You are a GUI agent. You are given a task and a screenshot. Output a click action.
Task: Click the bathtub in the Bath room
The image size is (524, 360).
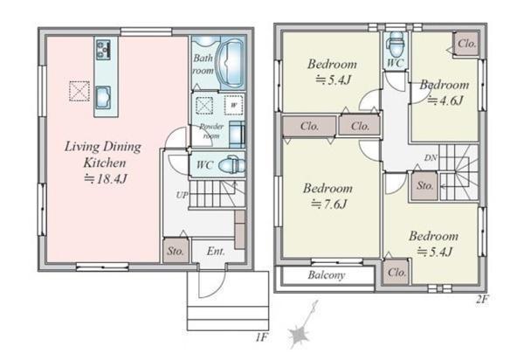[x=231, y=64]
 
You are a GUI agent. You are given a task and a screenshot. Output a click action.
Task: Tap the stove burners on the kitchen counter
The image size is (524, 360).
[x=103, y=50]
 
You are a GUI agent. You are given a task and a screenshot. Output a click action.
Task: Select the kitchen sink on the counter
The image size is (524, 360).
[x=103, y=98]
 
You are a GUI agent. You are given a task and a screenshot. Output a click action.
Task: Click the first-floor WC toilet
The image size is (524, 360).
[x=231, y=165]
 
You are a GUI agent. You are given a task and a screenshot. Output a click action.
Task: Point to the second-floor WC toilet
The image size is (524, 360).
[x=396, y=45]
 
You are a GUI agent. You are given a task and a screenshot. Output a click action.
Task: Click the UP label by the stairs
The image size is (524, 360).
[x=182, y=195]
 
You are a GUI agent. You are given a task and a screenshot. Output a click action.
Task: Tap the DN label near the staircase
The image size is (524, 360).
[x=431, y=158]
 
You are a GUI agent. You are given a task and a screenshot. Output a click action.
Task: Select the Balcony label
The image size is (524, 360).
[x=327, y=275]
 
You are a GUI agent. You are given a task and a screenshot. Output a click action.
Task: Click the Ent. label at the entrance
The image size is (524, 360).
[x=216, y=251]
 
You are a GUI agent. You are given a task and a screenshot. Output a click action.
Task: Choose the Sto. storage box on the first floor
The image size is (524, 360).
[x=176, y=251]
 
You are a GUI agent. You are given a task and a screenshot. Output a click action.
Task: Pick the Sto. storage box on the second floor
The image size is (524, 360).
[x=424, y=186]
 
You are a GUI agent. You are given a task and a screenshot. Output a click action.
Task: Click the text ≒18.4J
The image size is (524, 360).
[x=106, y=179]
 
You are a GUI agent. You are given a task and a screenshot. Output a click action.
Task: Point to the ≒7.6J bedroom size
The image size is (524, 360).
[x=328, y=204]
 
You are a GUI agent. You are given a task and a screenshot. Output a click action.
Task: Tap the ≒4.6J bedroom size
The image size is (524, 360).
[x=445, y=100]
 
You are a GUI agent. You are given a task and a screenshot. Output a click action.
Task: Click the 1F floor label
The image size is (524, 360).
[x=262, y=337]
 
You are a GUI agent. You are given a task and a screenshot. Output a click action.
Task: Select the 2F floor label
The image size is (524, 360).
[x=482, y=299]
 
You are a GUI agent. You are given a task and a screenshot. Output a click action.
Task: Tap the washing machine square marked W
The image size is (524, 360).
[x=233, y=106]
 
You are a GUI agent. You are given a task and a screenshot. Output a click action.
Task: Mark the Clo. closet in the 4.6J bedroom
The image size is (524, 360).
[x=466, y=44]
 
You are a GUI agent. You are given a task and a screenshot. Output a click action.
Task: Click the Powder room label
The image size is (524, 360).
[x=211, y=131]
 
